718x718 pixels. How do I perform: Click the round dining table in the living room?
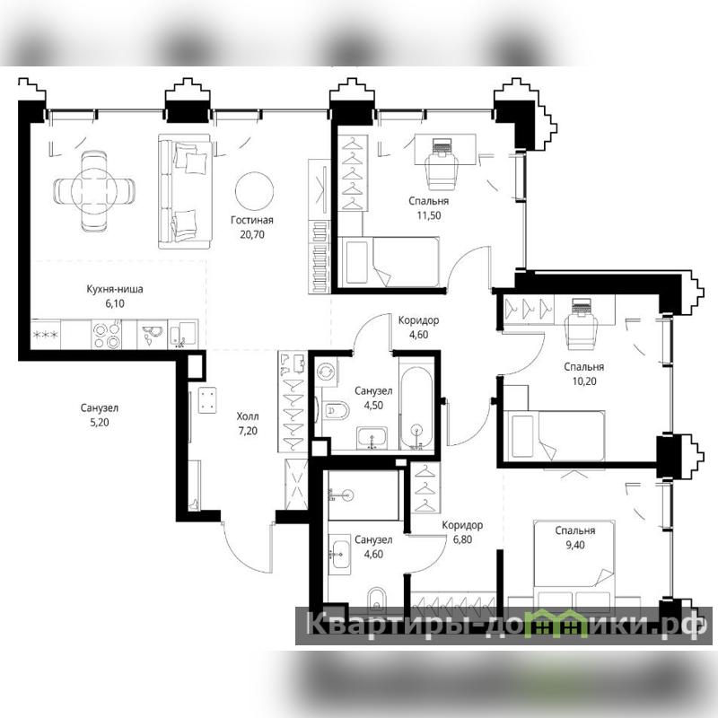[94, 191]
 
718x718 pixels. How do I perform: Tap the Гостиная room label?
[252, 220]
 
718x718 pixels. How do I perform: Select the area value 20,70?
[252, 235]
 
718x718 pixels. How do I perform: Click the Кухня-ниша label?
[115, 289]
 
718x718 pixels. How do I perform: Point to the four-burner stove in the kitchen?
[107, 335]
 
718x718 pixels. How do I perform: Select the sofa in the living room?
[186, 191]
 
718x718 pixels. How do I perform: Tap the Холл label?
[248, 416]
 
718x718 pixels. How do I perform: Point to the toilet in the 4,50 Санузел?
[336, 410]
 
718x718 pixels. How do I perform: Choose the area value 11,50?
[429, 215]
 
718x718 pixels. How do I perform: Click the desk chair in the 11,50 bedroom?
[442, 171]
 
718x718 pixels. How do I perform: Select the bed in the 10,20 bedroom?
[554, 435]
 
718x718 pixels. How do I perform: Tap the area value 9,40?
[574, 545]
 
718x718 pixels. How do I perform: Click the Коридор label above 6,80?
[462, 525]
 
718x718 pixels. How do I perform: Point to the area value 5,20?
[100, 422]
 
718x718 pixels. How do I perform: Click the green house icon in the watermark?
[556, 624]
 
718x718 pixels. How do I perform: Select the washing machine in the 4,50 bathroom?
[327, 372]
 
